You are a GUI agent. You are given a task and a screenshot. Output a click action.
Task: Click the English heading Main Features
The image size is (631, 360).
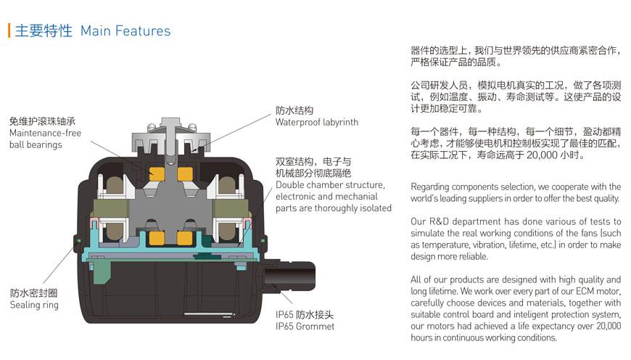[x=125, y=31]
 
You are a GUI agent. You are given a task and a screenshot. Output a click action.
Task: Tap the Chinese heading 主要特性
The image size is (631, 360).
[x=44, y=30]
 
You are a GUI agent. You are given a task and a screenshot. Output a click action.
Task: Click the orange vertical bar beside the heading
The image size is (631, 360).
[x=9, y=30]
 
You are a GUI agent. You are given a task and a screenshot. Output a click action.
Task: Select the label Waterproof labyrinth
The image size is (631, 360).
[x=317, y=123]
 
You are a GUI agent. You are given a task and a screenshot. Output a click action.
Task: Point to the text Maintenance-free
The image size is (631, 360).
[x=45, y=133]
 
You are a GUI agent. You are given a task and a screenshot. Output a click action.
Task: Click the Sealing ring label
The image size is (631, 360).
[x=34, y=306]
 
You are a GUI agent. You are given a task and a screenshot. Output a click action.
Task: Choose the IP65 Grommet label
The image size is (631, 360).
[x=305, y=327]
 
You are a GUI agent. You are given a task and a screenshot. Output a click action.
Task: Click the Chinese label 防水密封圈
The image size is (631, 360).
[x=33, y=293]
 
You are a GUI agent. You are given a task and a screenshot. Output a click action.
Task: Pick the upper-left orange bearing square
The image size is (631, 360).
[x=157, y=174]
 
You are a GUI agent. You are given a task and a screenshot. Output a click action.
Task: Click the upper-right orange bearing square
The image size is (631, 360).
[x=185, y=174]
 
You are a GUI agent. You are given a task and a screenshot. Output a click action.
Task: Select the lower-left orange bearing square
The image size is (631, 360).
[x=157, y=238]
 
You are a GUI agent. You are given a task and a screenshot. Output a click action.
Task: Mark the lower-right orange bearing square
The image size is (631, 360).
[x=184, y=238]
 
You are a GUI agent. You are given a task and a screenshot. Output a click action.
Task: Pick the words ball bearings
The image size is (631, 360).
[x=36, y=145]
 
